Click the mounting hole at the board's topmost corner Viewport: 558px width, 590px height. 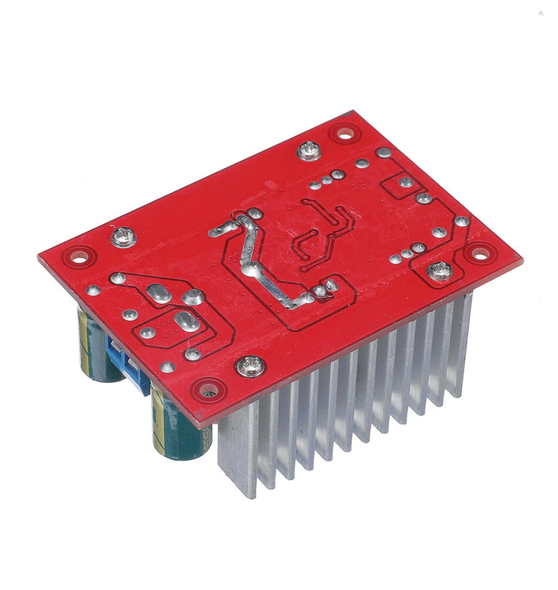344,132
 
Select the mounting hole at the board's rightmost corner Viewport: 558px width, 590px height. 480,252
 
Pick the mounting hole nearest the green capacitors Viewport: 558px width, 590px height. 210,390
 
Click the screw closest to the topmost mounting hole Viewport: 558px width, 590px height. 309,151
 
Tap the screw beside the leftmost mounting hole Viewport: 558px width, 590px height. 123,236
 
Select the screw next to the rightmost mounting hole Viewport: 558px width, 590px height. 440,270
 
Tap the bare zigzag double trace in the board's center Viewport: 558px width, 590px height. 325,232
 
